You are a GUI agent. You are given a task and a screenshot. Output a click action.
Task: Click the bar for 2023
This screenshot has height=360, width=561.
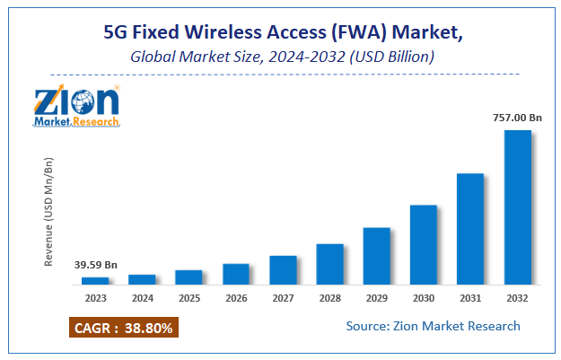[94, 281]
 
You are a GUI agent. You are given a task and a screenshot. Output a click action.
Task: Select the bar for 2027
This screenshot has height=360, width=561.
[283, 270]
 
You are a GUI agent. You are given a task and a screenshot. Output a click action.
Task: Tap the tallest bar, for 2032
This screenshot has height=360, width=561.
[518, 208]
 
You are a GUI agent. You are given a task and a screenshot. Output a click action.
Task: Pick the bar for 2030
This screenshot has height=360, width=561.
[424, 245]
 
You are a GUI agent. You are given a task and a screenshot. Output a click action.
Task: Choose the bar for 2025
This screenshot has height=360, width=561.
[188, 277]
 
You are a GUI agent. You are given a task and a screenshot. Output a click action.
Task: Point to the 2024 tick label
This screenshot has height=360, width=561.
[142, 298]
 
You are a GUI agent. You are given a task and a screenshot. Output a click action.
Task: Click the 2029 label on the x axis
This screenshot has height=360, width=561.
[377, 298]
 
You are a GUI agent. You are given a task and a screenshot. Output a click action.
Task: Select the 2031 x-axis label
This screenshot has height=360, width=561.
[471, 298]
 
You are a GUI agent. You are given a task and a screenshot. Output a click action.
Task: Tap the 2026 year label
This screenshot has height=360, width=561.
[236, 298]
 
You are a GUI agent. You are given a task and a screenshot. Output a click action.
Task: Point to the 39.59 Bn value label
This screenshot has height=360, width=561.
[94, 265]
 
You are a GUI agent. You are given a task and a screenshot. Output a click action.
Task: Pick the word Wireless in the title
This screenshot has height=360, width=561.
[226, 35]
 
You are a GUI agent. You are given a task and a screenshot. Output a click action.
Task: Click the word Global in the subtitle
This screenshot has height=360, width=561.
[149, 57]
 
